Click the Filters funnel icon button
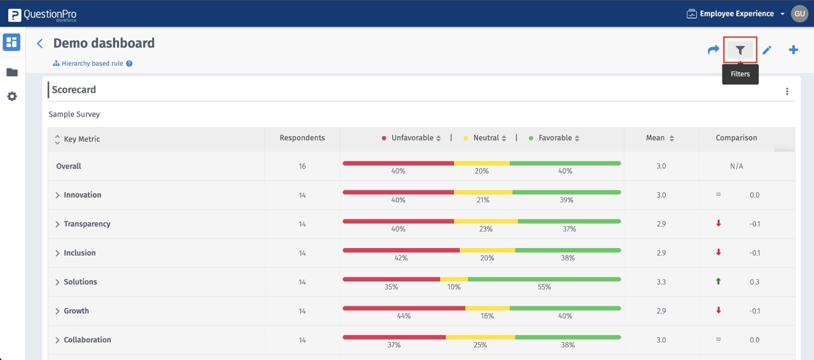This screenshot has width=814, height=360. click(x=740, y=50)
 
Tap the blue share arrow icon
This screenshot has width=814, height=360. click(x=714, y=50)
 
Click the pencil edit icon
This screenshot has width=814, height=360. click(x=767, y=50)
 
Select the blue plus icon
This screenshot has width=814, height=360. click(x=794, y=50)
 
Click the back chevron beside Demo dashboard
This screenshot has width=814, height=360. click(x=40, y=43)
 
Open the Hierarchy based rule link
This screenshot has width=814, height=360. click(x=92, y=64)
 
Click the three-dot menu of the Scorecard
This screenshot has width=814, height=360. click(x=787, y=92)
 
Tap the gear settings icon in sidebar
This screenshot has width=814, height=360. click(x=11, y=97)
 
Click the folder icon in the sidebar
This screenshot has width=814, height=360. click(x=11, y=73)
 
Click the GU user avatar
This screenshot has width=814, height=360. click(x=799, y=13)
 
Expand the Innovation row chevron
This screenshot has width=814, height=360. click(x=57, y=195)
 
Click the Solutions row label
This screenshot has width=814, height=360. click(x=80, y=282)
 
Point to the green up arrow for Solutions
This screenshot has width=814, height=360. click(x=719, y=281)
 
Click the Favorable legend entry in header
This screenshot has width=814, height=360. click(x=555, y=138)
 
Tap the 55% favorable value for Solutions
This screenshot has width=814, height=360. click(x=544, y=287)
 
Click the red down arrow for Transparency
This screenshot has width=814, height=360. click(x=719, y=223)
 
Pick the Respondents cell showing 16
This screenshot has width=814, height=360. click(x=302, y=166)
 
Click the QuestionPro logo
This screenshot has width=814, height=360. click(x=42, y=14)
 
